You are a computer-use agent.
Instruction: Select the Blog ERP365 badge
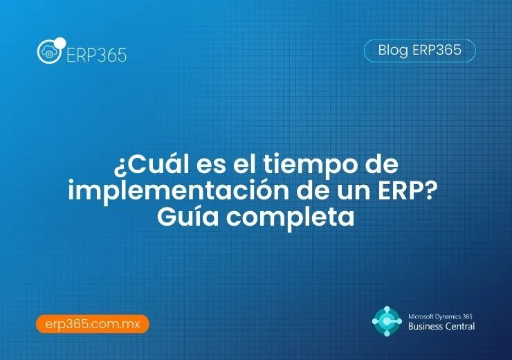click(420, 51)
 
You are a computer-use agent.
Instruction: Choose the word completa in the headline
click(291, 216)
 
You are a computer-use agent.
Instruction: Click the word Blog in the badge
click(393, 51)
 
